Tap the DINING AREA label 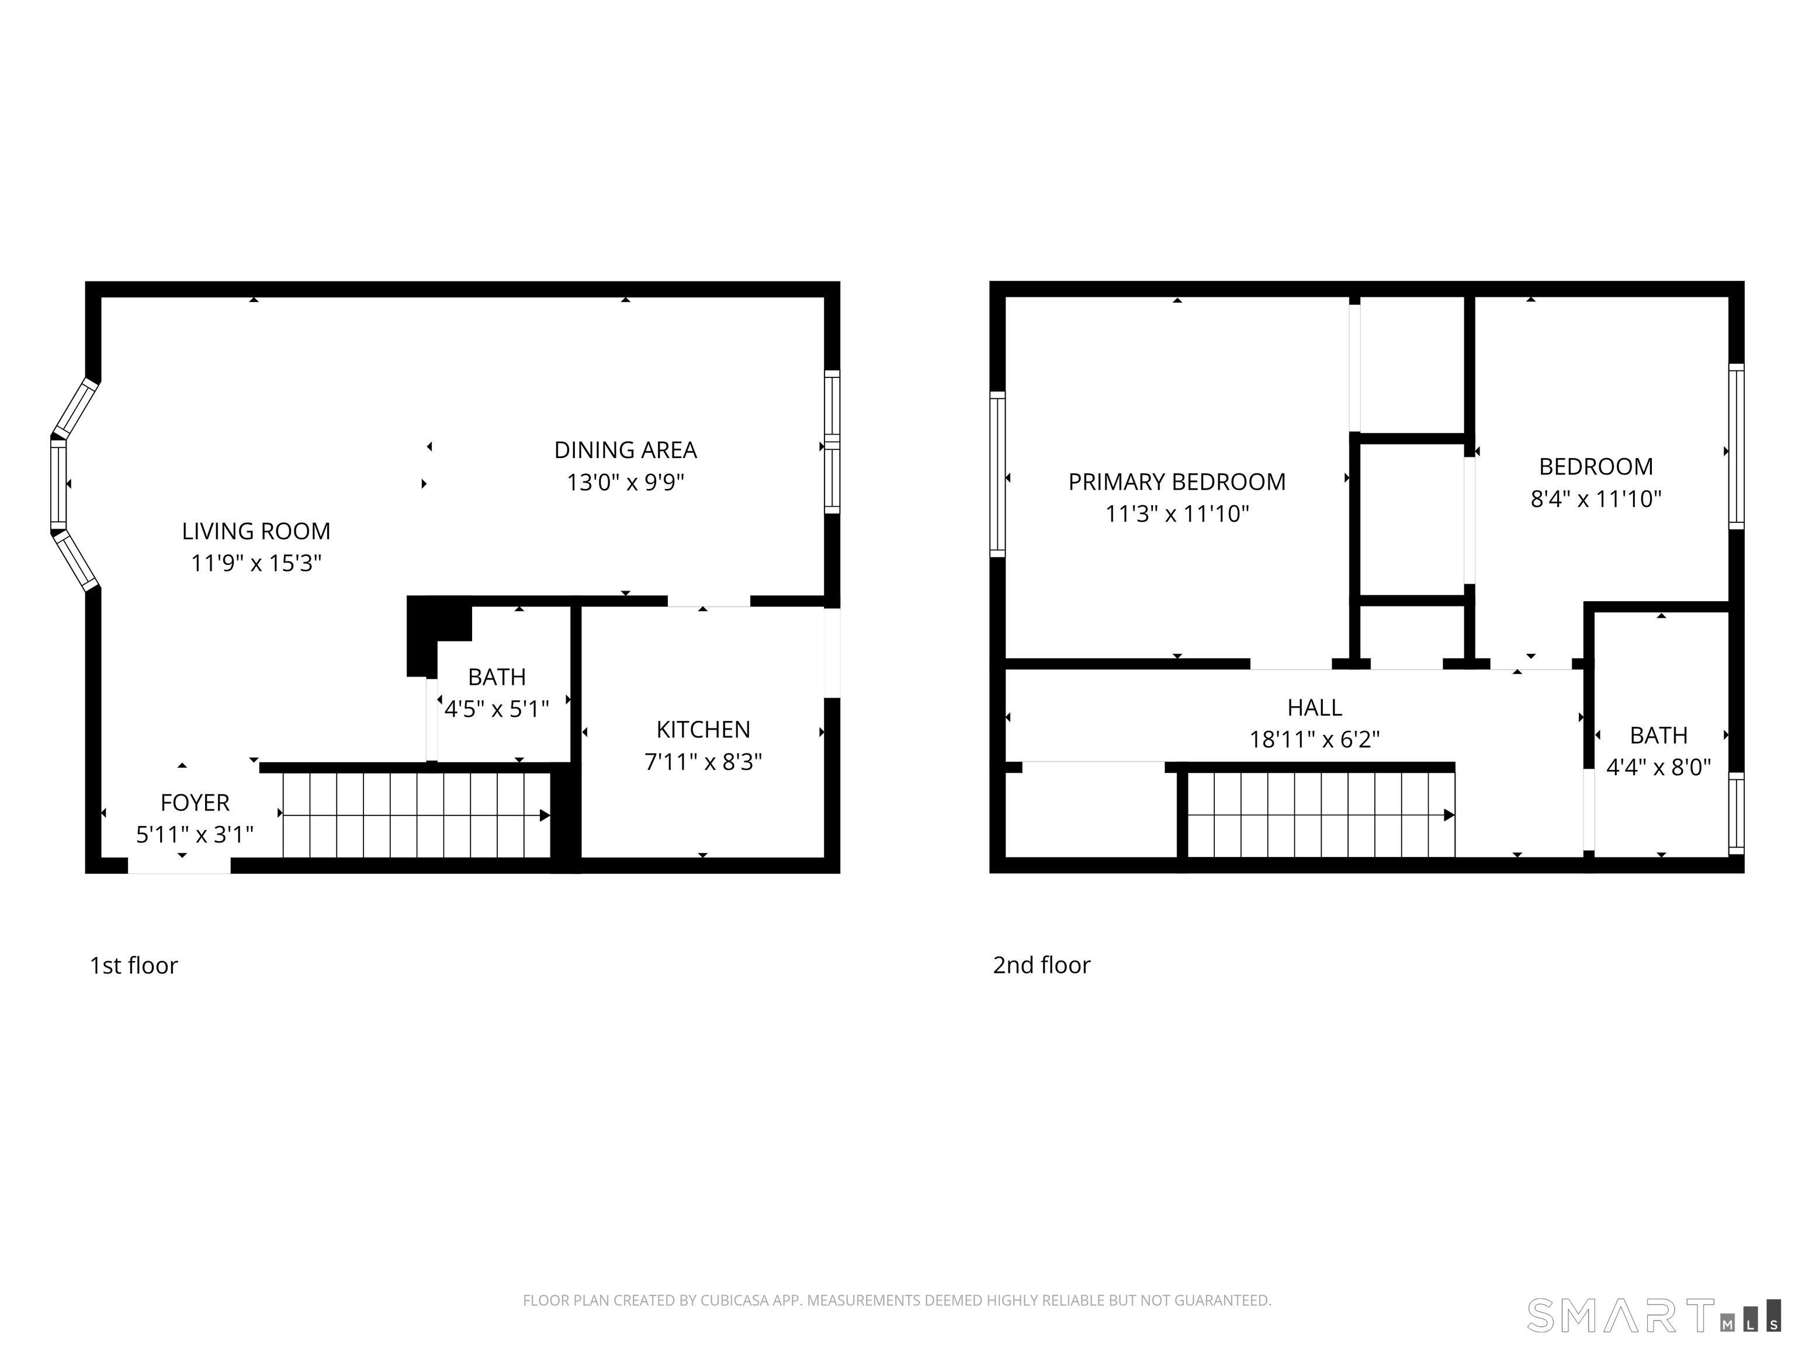pyautogui.click(x=626, y=450)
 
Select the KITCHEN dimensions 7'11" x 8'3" pyautogui.click(x=703, y=762)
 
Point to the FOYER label pyautogui.click(x=195, y=803)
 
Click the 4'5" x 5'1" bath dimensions pyautogui.click(x=497, y=709)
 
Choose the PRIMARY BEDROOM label pyautogui.click(x=1177, y=482)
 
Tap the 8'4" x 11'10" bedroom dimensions pyautogui.click(x=1595, y=498)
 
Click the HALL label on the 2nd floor pyautogui.click(x=1315, y=707)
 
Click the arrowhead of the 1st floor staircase pyautogui.click(x=545, y=816)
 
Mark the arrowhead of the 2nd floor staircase pyautogui.click(x=1449, y=816)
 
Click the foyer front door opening pyautogui.click(x=179, y=866)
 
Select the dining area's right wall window pyautogui.click(x=832, y=442)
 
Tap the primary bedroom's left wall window pyautogui.click(x=997, y=474)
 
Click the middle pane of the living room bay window pyautogui.click(x=58, y=484)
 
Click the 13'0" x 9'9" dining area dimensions pyautogui.click(x=626, y=483)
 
